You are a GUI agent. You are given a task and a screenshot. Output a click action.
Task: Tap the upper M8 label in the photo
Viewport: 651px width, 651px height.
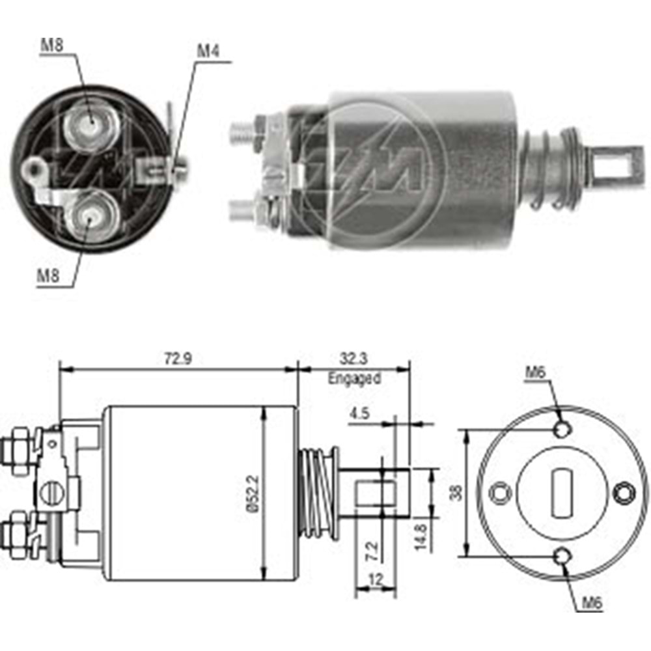click(52, 46)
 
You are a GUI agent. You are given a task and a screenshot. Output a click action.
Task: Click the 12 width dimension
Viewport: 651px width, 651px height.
click(376, 577)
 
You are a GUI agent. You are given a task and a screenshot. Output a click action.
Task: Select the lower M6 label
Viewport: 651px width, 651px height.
click(591, 603)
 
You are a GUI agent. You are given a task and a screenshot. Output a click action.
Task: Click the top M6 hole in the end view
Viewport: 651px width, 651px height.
click(562, 430)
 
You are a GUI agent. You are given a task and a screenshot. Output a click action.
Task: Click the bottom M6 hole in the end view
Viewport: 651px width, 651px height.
click(562, 556)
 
